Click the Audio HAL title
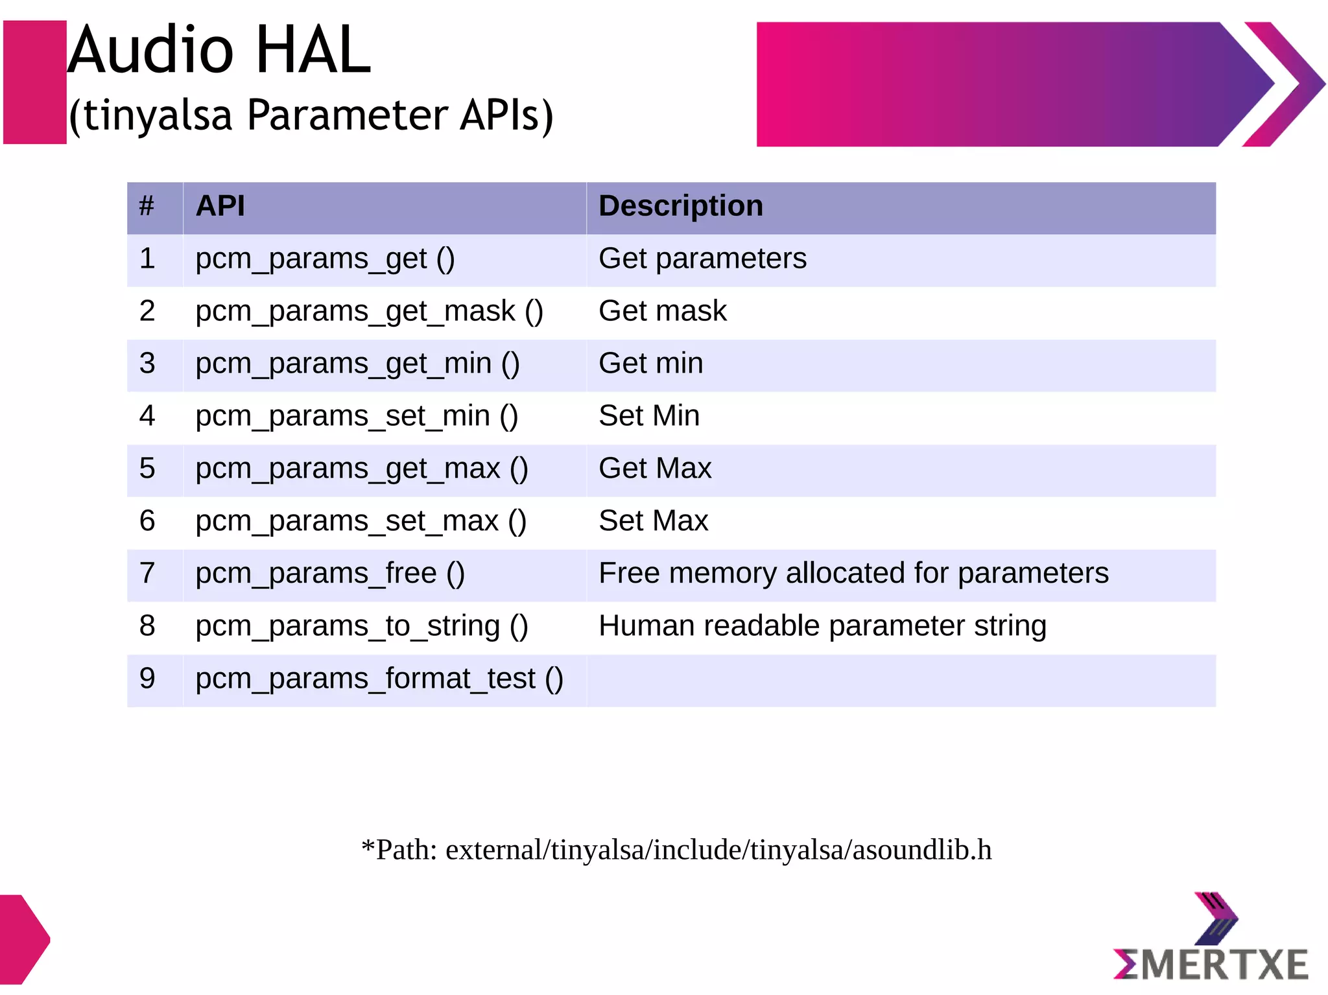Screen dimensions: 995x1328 point(219,51)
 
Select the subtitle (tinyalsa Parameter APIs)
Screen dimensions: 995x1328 point(311,115)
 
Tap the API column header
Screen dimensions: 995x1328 point(220,206)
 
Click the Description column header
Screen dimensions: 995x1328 point(681,206)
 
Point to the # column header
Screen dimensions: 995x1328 point(147,206)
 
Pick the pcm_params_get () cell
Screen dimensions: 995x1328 point(325,259)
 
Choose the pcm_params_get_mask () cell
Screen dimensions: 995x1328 point(369,312)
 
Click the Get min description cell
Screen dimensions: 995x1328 point(650,364)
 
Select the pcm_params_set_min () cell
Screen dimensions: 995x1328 point(357,416)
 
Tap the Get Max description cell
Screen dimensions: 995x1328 point(655,469)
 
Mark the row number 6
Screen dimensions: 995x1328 point(147,521)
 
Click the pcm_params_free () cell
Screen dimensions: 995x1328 point(330,574)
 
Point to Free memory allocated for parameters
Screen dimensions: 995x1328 point(853,574)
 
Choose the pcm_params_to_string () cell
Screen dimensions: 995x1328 point(362,626)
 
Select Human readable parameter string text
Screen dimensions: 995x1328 point(822,626)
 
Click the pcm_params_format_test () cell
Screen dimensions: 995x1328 point(379,679)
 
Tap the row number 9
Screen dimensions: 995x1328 point(147,679)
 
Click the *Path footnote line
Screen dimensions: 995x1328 point(676,850)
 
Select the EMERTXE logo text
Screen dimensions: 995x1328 point(1211,965)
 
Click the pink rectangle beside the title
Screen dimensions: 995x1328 point(35,82)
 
